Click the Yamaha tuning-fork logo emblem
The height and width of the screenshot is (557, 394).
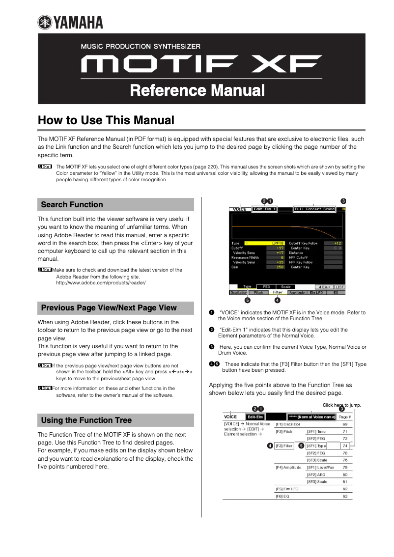(x=45, y=22)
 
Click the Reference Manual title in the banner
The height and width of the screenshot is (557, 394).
(x=197, y=90)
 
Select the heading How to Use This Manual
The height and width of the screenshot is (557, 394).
(x=106, y=120)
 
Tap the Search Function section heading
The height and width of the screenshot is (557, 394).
(x=72, y=205)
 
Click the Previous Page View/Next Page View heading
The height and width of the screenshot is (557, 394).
(x=109, y=308)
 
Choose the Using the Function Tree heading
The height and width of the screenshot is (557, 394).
(x=86, y=420)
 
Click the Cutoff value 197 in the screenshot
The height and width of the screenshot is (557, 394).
(x=280, y=248)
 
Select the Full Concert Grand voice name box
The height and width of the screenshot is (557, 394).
(x=314, y=209)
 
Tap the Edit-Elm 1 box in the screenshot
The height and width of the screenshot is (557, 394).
(x=264, y=209)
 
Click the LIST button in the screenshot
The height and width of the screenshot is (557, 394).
(x=340, y=287)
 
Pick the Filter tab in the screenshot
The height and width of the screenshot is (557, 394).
(x=278, y=292)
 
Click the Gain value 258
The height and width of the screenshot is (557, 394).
(x=280, y=267)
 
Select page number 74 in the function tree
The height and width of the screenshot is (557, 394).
(x=345, y=446)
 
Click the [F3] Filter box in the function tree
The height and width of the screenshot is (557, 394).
(x=284, y=446)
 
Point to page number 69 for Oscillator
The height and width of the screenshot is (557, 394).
(x=345, y=424)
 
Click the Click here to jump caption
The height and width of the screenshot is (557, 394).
(x=341, y=405)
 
